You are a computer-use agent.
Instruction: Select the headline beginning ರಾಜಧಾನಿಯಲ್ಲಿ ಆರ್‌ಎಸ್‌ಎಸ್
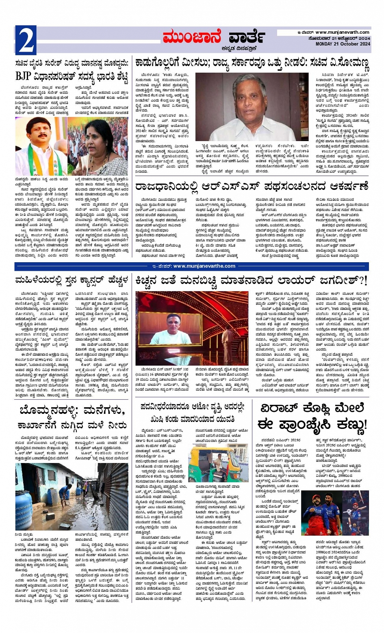[x=252, y=186]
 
